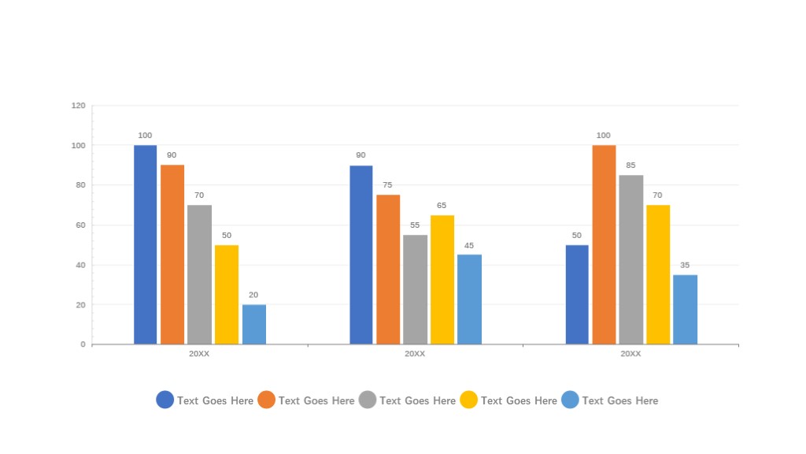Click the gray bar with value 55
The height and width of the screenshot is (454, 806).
click(x=415, y=289)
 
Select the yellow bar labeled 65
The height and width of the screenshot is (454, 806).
click(x=442, y=279)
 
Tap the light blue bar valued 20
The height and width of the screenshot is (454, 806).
click(x=253, y=324)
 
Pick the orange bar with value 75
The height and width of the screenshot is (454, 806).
click(x=388, y=269)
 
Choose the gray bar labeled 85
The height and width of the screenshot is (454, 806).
click(x=630, y=259)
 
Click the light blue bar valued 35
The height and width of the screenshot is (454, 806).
click(x=685, y=309)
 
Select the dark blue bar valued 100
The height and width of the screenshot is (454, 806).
click(x=145, y=244)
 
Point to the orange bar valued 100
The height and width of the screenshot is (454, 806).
click(x=604, y=244)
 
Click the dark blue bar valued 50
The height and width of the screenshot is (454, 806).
click(x=577, y=294)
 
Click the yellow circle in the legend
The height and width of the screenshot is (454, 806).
click(x=468, y=400)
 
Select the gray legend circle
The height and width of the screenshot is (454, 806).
click(x=368, y=400)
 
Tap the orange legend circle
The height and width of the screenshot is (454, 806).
click(x=266, y=400)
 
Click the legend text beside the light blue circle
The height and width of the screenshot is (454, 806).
click(x=620, y=400)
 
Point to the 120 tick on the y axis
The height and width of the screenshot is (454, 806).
click(x=78, y=105)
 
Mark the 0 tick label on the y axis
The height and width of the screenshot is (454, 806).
click(x=83, y=344)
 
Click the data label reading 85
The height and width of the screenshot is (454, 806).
click(x=630, y=166)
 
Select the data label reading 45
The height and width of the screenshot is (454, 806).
click(x=469, y=245)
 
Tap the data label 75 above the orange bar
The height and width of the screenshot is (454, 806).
click(x=387, y=185)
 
